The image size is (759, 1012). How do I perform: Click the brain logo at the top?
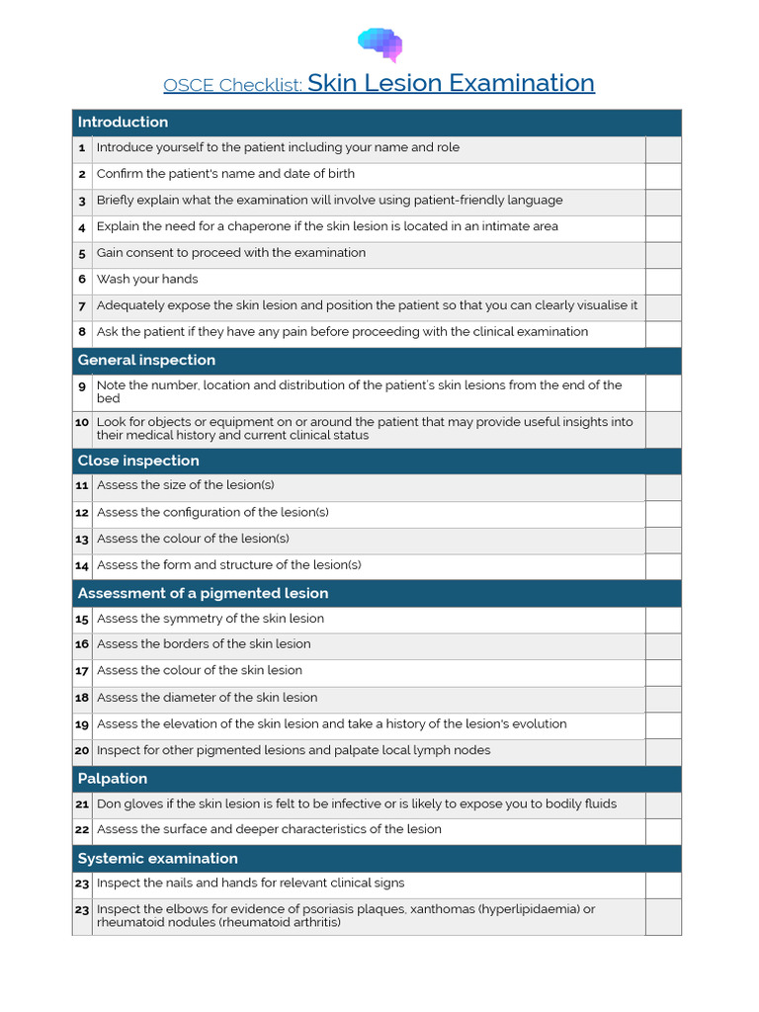tap(379, 43)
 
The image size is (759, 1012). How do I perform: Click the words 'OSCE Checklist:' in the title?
tap(233, 85)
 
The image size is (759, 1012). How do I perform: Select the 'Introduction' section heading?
tap(123, 123)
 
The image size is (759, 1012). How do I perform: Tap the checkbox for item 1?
tap(663, 148)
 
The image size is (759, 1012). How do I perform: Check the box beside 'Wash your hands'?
tap(663, 280)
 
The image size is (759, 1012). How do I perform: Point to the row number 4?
tap(82, 227)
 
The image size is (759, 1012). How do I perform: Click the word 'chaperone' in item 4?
tap(253, 226)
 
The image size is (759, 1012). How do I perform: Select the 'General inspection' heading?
tap(146, 361)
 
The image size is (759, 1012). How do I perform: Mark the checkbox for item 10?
tap(663, 429)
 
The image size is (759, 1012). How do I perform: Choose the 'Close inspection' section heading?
tap(138, 462)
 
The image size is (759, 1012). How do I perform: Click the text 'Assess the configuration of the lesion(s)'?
tap(212, 513)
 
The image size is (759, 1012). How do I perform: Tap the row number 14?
tap(82, 566)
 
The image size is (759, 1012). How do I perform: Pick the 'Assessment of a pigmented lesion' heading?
tap(203, 593)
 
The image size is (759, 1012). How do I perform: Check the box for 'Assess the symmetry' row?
tap(663, 619)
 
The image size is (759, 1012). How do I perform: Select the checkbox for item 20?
tap(663, 751)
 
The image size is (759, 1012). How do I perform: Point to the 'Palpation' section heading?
tap(113, 779)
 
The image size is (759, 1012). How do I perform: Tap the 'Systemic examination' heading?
tap(157, 859)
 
